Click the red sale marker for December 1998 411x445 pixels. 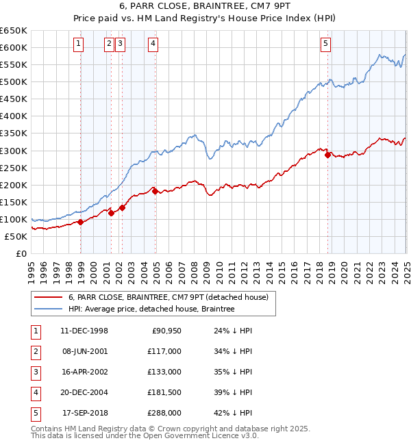click(x=81, y=222)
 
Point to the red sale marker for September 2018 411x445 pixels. click(x=327, y=155)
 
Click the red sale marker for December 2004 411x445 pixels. click(x=155, y=191)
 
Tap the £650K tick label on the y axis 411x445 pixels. click(x=14, y=31)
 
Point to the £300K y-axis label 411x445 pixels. click(x=14, y=151)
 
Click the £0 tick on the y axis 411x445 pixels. click(x=21, y=253)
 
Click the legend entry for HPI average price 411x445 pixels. click(x=151, y=309)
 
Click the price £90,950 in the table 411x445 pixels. click(x=166, y=331)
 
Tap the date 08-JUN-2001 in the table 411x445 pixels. click(x=84, y=351)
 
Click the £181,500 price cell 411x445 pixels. click(x=164, y=392)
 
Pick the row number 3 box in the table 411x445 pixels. click(x=35, y=372)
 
